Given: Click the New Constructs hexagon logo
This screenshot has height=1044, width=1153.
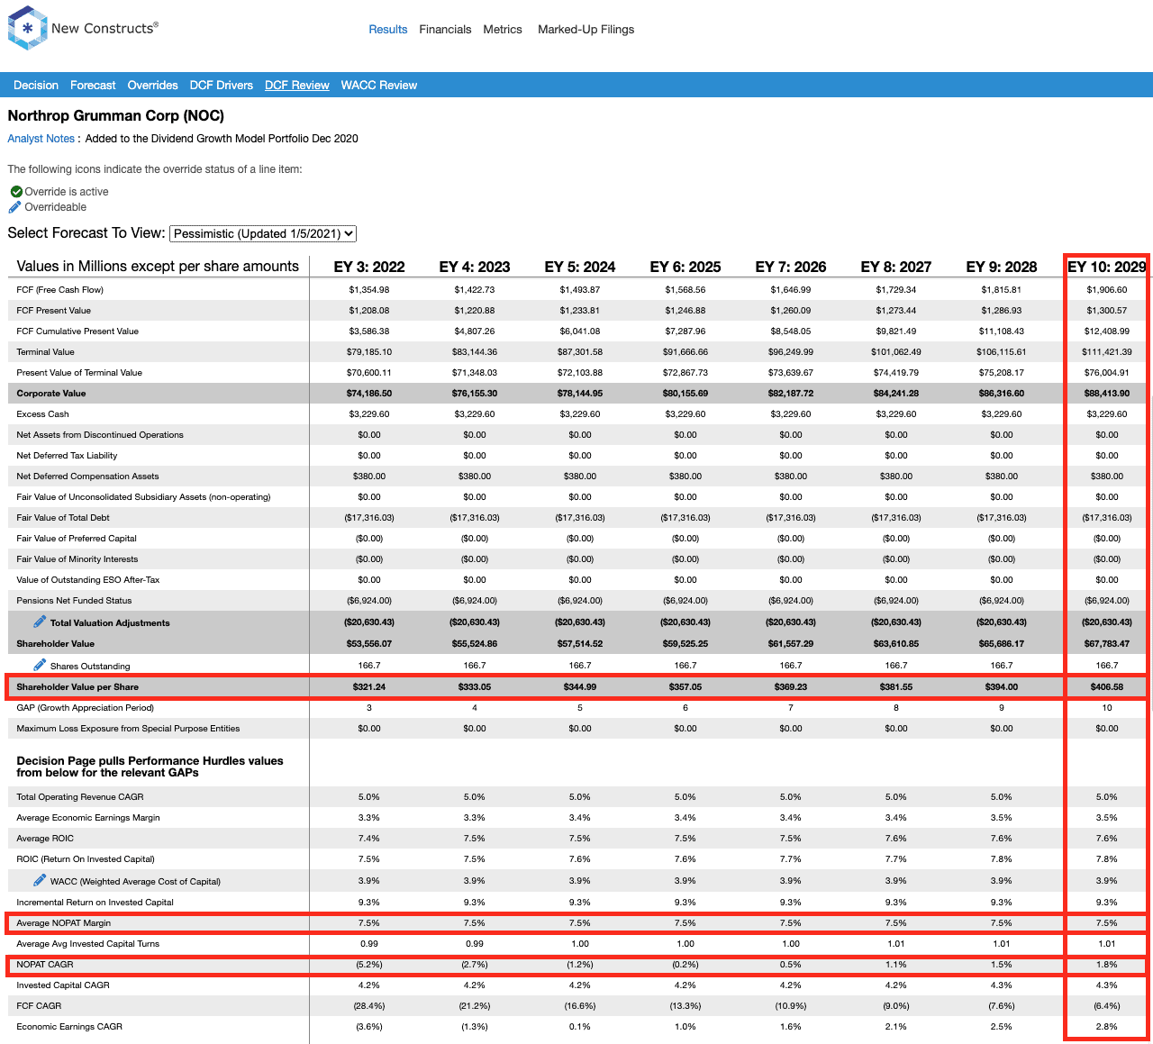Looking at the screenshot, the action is [27, 28].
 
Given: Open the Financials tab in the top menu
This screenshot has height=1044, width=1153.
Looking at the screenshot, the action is [445, 30].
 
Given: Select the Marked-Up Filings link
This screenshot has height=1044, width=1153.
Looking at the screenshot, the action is [586, 30].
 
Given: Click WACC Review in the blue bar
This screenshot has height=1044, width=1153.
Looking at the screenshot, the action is [378, 85].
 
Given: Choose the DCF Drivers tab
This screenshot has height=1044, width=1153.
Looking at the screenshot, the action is [222, 85].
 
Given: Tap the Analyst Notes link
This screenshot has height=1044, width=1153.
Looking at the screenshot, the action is [41, 139].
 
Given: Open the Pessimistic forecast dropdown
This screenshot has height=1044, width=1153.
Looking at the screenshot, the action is [263, 233].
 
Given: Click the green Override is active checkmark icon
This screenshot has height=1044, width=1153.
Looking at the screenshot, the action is [16, 192].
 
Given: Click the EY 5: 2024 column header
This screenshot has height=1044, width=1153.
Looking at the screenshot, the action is [579, 267].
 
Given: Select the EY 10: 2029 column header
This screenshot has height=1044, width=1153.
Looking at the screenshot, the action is [1106, 267].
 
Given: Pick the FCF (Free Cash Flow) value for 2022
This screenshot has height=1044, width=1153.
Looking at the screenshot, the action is [369, 290].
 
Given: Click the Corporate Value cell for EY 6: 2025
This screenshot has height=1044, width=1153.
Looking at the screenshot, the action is [685, 394].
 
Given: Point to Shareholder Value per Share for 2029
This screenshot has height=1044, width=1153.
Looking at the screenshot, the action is [1106, 687].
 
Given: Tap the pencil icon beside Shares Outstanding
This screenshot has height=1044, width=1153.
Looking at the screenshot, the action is [40, 665].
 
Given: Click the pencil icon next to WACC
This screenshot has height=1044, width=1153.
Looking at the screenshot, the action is [40, 880].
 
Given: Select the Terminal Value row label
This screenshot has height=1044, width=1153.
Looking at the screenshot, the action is [45, 352].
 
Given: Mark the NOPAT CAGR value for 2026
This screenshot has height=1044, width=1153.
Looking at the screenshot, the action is [790, 964].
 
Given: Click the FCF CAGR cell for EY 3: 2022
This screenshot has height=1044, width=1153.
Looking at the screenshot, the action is [369, 1005].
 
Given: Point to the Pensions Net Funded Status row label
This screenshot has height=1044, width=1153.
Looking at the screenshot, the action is [74, 600].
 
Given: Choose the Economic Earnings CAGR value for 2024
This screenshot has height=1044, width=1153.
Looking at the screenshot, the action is [579, 1026].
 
